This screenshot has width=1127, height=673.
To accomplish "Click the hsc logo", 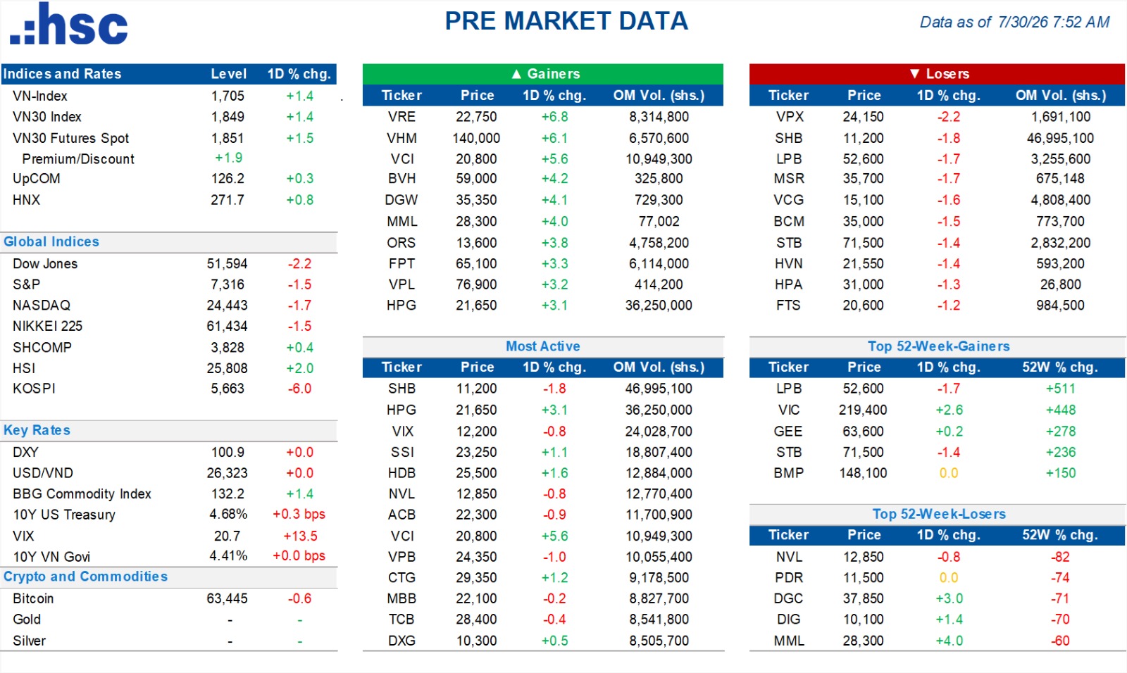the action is [x=69, y=24].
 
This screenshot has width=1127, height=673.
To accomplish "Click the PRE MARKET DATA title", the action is [x=566, y=21].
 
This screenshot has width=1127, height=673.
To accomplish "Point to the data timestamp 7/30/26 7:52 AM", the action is [x=1054, y=22].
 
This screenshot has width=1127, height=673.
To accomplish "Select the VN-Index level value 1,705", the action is [x=228, y=96].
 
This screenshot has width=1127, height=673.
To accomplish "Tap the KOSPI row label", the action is [x=34, y=389].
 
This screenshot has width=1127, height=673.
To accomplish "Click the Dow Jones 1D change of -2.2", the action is [x=299, y=263].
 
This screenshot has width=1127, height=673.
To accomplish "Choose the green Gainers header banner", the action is [x=543, y=74].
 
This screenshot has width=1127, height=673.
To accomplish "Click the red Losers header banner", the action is [x=937, y=74].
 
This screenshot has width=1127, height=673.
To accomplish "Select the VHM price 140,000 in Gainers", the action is [x=476, y=138].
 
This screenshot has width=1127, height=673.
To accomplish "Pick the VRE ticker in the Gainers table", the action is [x=401, y=117].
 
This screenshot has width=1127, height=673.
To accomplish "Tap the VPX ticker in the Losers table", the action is [x=790, y=117].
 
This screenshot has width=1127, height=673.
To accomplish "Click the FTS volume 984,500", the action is [x=1060, y=306].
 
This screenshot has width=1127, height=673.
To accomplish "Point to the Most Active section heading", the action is [x=543, y=346].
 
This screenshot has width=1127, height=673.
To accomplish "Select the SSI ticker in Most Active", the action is [x=402, y=452].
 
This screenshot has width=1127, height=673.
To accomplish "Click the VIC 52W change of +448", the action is [x=1061, y=410].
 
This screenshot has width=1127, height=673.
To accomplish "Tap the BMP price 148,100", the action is [x=863, y=473].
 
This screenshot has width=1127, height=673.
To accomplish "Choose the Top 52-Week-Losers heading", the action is [x=939, y=514].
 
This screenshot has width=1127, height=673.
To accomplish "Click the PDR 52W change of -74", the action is [x=1060, y=577].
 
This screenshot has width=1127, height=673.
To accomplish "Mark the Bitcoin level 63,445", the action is [x=227, y=598].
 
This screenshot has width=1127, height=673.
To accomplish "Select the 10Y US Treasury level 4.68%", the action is [x=228, y=515].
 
